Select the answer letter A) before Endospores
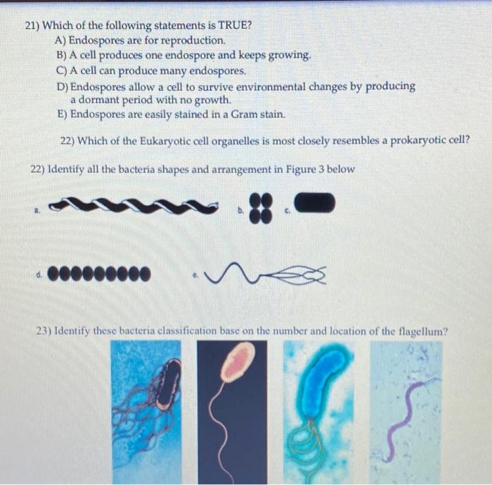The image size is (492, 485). [x=60, y=40]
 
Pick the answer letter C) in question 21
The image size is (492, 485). [x=62, y=70]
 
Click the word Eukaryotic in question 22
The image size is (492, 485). [x=165, y=141]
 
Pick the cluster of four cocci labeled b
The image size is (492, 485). [x=261, y=208]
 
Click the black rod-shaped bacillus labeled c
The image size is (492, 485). [x=315, y=202]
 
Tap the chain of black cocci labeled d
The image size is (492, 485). [x=99, y=273]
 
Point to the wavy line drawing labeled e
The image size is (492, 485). [x=265, y=273]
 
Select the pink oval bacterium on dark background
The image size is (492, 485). [x=238, y=362]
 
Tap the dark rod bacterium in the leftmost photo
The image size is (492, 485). [x=169, y=384]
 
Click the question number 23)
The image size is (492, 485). [x=44, y=330]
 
